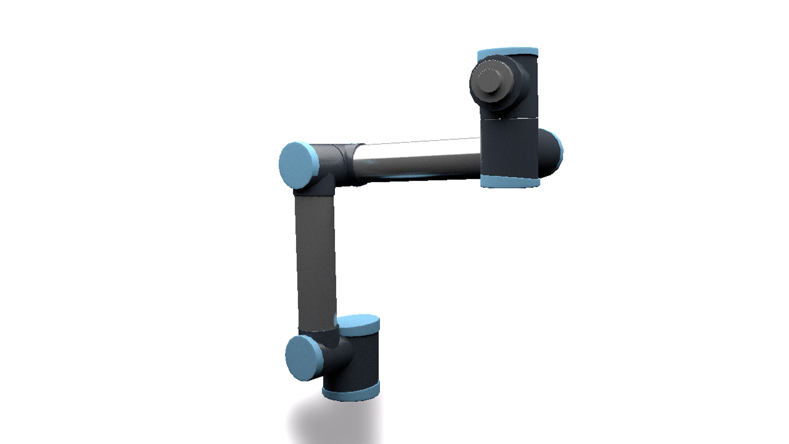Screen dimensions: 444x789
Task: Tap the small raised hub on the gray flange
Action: point(489,79)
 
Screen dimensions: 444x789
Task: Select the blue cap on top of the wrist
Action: point(508,52)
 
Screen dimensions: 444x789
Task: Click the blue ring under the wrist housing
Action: point(510,182)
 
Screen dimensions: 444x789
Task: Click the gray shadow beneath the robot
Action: point(329,423)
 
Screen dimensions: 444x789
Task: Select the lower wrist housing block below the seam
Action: point(510,148)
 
